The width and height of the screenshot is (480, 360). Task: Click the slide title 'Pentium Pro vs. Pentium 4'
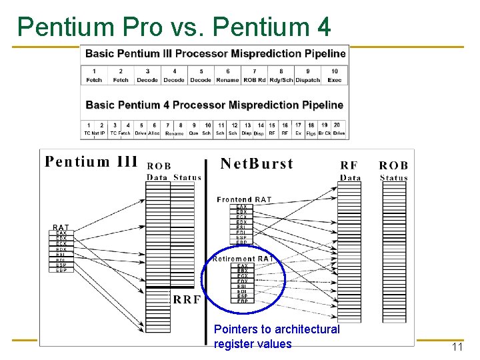pos(174,27)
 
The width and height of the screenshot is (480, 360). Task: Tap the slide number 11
pos(457,347)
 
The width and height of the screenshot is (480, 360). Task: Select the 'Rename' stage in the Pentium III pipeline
pos(228,80)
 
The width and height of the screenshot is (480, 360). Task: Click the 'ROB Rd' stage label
pos(254,80)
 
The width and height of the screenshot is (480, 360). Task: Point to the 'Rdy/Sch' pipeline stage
pos(281,80)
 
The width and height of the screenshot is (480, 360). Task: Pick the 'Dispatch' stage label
pos(308,80)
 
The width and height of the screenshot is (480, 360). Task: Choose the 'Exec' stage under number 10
pos(335,80)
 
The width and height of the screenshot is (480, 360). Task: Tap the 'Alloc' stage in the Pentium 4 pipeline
pos(154,133)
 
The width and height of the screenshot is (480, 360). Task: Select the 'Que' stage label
pos(194,133)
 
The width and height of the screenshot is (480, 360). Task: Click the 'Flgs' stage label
pos(311,133)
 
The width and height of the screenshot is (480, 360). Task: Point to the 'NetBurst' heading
pos(257,164)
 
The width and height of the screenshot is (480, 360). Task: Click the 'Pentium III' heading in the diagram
pos(91,161)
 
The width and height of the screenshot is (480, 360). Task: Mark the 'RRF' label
pos(187,300)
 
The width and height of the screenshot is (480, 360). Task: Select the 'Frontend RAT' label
pos(244,199)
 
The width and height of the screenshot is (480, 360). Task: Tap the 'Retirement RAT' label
pos(243,259)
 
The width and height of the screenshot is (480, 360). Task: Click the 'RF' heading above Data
pos(349,165)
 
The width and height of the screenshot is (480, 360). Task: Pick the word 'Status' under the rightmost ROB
pos(393,178)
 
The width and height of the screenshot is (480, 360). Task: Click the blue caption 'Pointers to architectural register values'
pos(277,337)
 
